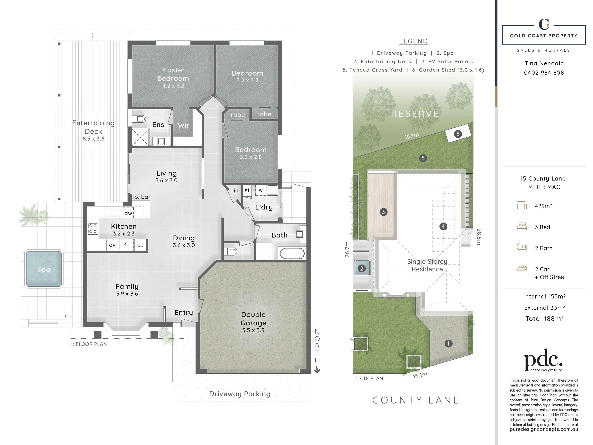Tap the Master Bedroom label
pyautogui.click(x=173, y=74)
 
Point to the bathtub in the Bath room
pyautogui.click(x=292, y=253)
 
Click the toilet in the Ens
pyautogui.click(x=139, y=119)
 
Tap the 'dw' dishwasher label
pyautogui.click(x=128, y=213)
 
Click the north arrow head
pyautogui.click(x=317, y=370)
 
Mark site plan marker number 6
pyautogui.click(x=458, y=134)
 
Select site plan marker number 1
pyautogui.click(x=448, y=344)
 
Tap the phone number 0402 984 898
pyautogui.click(x=544, y=73)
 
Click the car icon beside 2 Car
pyautogui.click(x=521, y=269)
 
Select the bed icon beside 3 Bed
pyautogui.click(x=522, y=226)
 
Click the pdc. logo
pyautogui.click(x=543, y=360)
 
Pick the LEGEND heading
pyautogui.click(x=413, y=41)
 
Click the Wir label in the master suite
pyautogui.click(x=183, y=125)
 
